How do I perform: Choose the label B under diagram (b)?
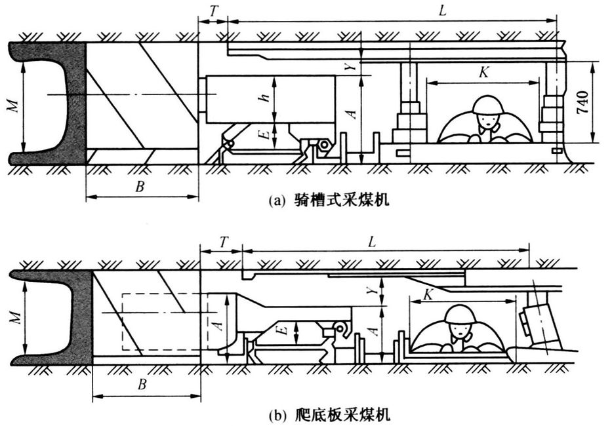(142, 385)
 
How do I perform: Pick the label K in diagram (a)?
(483, 73)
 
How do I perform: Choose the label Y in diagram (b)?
(372, 288)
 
